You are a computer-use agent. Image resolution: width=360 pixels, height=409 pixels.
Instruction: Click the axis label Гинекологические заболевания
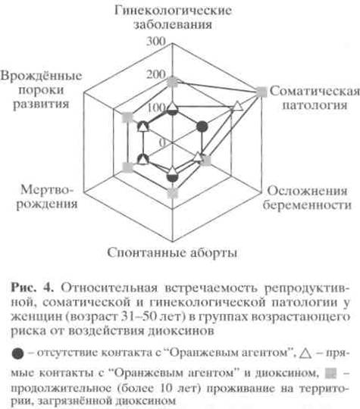point(173,17)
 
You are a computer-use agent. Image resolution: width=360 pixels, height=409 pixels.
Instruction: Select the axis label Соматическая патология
point(315,98)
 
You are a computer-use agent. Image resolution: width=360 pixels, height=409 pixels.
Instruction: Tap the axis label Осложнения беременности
point(307,198)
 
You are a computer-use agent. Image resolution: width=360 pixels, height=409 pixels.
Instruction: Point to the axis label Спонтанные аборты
point(172,252)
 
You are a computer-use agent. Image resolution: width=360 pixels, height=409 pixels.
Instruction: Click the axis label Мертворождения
point(47,197)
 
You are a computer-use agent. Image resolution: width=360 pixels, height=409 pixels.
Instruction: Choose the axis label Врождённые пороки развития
point(41,89)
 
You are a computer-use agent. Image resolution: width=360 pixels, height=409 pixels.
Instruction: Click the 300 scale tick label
point(156,41)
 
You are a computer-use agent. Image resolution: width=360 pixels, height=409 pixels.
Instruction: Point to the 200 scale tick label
point(156,74)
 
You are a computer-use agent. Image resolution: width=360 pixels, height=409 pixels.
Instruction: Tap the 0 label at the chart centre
point(163,142)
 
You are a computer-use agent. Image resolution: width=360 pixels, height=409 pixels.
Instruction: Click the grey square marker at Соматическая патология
point(261,92)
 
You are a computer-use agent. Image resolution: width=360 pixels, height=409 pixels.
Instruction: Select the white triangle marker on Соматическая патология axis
point(237,106)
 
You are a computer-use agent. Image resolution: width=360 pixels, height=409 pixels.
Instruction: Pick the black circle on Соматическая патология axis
point(202,126)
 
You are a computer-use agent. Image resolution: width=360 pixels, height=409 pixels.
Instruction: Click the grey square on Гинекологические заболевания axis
point(172,82)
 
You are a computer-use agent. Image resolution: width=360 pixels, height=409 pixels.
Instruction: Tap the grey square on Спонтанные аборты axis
point(172,193)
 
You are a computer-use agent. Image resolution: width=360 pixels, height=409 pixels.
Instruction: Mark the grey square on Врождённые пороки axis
point(128,117)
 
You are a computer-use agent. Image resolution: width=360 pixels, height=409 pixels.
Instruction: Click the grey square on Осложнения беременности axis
point(206,161)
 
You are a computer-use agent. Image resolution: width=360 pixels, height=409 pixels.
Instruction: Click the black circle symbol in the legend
point(17,354)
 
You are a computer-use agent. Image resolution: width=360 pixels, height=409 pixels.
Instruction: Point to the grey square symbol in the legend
point(330,373)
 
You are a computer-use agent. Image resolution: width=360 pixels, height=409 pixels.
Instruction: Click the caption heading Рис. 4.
point(33,288)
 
